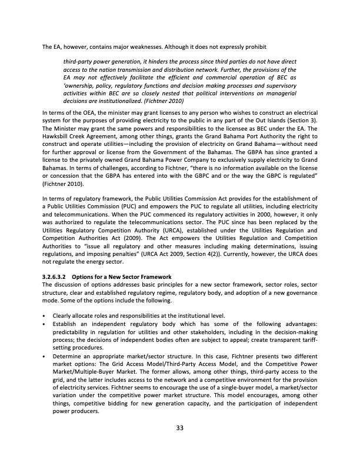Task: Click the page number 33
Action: (180, 428)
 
